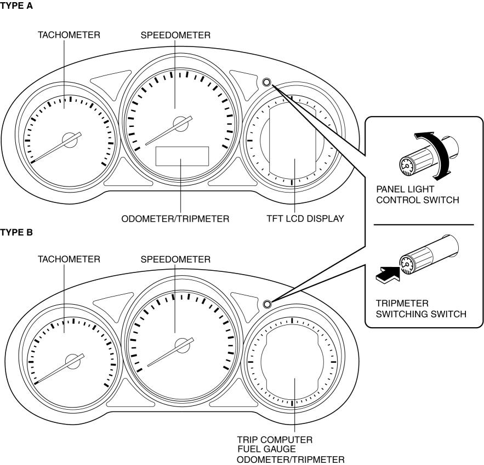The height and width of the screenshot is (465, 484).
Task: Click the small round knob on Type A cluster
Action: [x=267, y=83]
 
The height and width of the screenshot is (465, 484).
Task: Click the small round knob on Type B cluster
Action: [x=267, y=304]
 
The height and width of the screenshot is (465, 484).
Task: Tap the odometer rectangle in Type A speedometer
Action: [x=183, y=156]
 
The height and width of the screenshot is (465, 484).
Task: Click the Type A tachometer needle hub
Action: [x=70, y=139]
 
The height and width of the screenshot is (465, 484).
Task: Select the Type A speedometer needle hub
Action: [x=180, y=124]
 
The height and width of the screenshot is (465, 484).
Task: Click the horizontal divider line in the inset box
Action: [x=423, y=225]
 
